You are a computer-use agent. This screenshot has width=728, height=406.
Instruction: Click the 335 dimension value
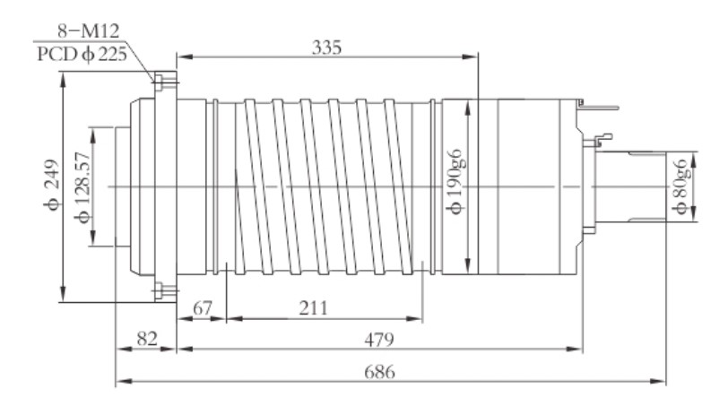[328, 46]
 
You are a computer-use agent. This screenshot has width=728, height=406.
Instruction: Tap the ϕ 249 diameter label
[49, 186]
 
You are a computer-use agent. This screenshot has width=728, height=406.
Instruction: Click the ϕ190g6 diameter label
[456, 186]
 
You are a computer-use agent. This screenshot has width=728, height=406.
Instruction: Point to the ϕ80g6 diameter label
[680, 186]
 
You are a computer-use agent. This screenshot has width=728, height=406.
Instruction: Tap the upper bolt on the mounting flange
[160, 82]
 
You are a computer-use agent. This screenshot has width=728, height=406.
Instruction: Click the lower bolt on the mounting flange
[160, 289]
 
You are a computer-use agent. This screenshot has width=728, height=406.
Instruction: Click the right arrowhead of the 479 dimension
[580, 351]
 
